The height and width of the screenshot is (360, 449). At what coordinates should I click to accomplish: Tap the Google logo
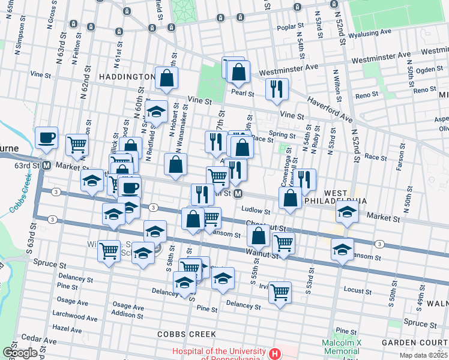click(20, 353)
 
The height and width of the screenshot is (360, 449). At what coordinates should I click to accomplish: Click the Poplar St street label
click(292, 28)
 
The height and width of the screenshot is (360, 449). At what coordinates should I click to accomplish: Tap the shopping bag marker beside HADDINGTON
click(166, 77)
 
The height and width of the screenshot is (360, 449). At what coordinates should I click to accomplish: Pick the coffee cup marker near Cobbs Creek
click(46, 137)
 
